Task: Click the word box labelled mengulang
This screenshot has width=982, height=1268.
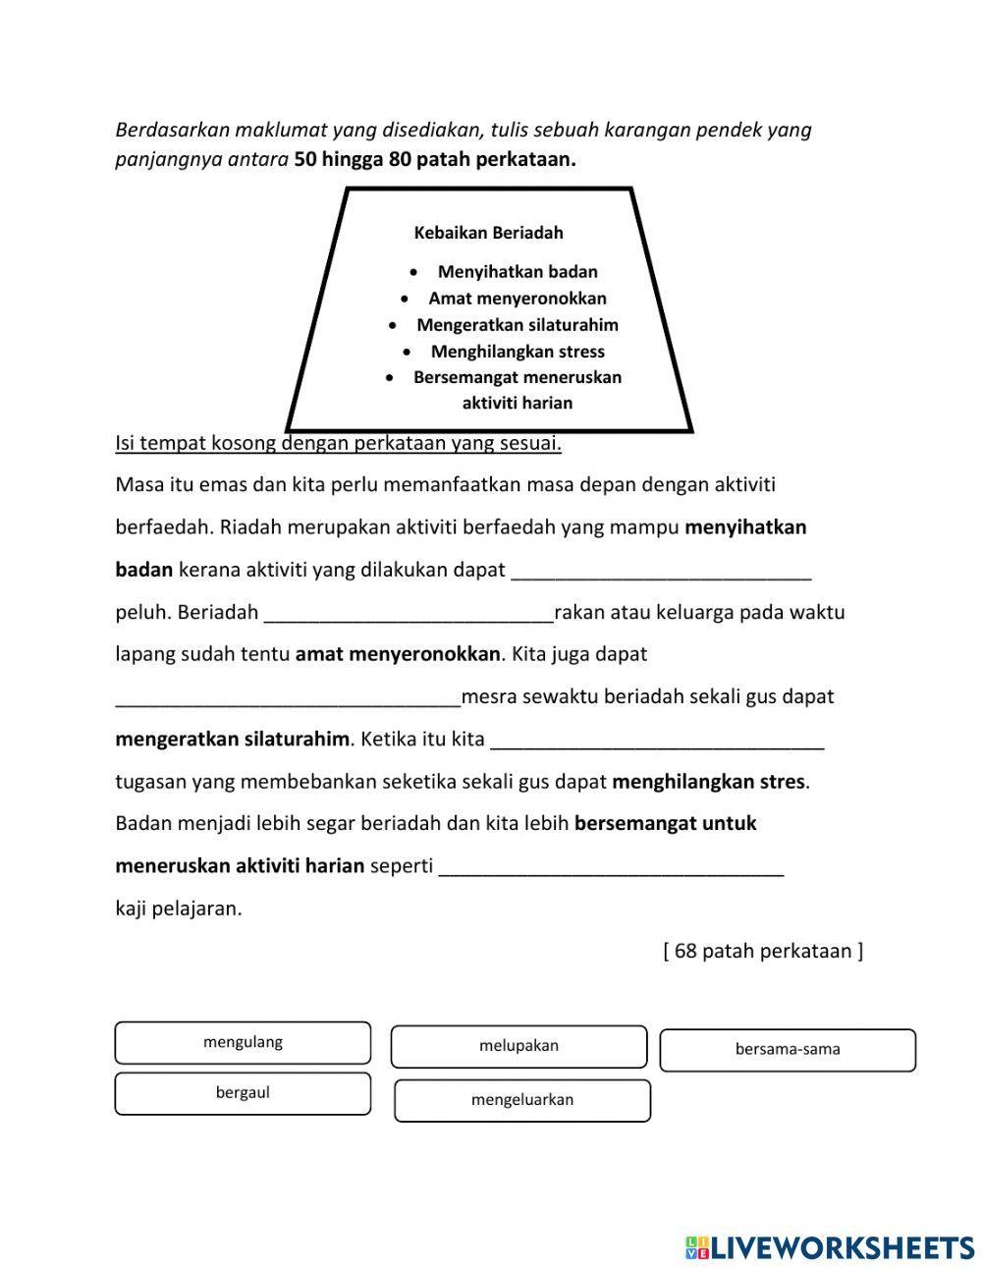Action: click(x=243, y=1043)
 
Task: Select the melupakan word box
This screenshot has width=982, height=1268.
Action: click(x=518, y=1047)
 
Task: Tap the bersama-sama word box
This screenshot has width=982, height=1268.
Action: click(x=788, y=1050)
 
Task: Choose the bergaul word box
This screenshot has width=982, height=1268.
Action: click(x=243, y=1093)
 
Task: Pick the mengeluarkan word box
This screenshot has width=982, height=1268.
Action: click(x=522, y=1100)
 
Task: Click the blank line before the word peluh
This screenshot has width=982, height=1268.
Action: click(x=661, y=571)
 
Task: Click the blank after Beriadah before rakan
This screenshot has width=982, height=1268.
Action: click(x=409, y=613)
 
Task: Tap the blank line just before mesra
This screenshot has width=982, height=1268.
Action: click(x=288, y=697)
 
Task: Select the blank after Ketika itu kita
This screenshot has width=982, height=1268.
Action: click(x=657, y=740)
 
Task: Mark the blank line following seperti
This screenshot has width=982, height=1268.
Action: click(x=611, y=867)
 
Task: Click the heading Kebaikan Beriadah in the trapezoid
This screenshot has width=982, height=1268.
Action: click(x=488, y=233)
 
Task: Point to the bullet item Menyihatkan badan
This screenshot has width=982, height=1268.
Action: click(x=518, y=272)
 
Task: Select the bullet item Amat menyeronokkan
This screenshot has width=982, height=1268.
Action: click(x=518, y=299)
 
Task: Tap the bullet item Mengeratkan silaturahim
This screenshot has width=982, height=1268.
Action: click(x=518, y=325)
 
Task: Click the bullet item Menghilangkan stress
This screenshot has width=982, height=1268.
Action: click(x=518, y=352)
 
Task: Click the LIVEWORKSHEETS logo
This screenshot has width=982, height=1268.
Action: click(x=829, y=1247)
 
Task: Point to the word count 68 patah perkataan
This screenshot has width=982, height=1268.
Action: click(x=763, y=951)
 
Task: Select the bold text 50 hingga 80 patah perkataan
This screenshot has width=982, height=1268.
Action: click(x=435, y=160)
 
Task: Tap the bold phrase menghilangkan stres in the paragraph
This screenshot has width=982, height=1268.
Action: click(x=709, y=782)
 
